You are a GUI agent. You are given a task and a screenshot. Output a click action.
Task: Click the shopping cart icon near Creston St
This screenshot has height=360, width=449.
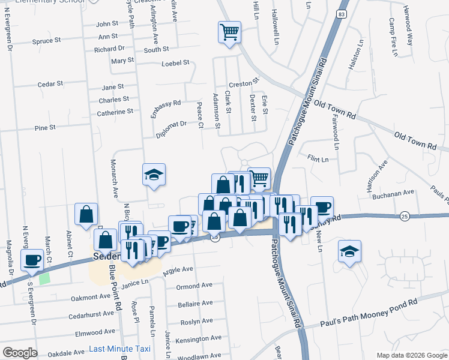coord(229,32)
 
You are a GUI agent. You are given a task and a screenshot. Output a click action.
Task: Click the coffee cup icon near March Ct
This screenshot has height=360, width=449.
coord(32,260)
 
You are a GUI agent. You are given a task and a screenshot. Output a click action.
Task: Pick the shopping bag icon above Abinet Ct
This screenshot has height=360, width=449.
coord(86,214)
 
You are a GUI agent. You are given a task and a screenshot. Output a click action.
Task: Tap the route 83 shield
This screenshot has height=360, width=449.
coord(341,14)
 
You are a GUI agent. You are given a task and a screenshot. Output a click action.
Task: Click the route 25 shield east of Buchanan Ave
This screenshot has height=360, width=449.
coord(405,215)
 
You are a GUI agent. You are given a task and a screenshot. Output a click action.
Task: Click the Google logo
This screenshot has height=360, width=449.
coord(20,352)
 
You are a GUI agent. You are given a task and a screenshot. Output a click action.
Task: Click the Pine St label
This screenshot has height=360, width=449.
coord(45,128)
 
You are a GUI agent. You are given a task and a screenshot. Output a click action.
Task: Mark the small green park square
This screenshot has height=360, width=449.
coord(44,279)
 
